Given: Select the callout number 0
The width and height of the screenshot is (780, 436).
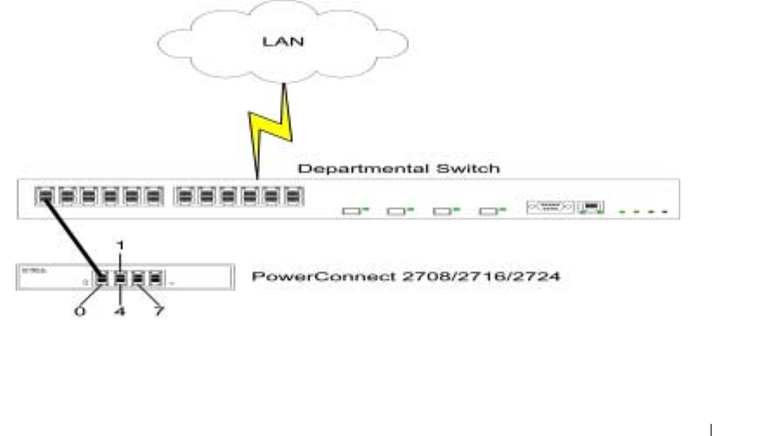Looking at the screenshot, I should click(x=80, y=311).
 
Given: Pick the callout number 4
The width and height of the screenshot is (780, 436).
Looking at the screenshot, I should click(x=120, y=311).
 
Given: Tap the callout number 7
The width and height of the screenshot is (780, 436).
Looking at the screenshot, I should click(x=159, y=311).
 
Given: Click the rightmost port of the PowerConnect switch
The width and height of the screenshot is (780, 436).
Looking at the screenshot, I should click(x=156, y=279).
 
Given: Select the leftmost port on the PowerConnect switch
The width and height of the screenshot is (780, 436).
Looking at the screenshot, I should click(x=102, y=279).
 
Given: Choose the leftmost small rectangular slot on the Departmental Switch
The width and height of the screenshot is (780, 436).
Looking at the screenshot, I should click(x=350, y=211).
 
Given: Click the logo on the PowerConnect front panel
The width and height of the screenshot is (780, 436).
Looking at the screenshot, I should click(x=31, y=271).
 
